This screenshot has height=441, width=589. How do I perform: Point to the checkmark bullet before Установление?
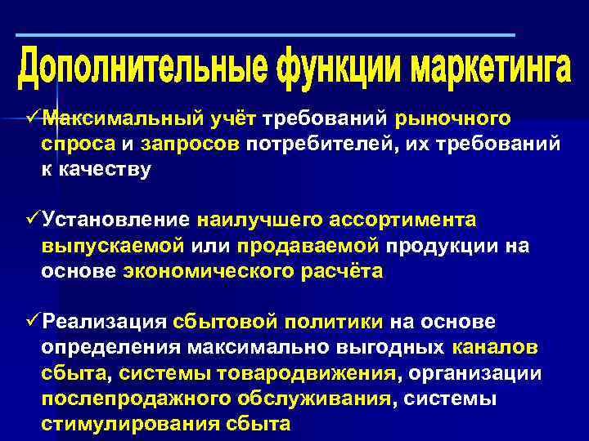(x=34, y=220)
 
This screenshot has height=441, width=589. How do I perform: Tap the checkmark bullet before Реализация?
(x=34, y=322)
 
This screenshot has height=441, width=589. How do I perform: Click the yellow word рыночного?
(x=453, y=119)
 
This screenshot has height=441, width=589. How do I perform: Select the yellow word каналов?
(x=494, y=347)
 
